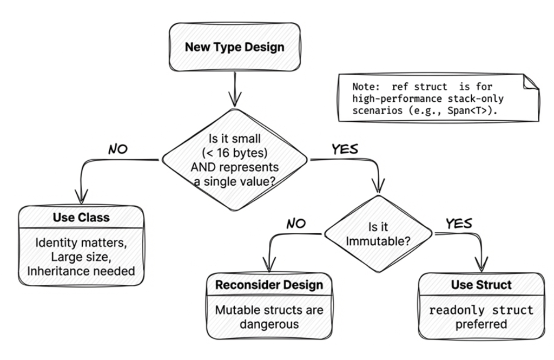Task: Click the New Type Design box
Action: tap(235, 47)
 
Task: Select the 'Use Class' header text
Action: tap(81, 217)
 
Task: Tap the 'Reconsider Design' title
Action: tap(269, 285)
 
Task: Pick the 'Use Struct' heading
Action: tap(481, 285)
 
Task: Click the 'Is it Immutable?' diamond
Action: tap(378, 234)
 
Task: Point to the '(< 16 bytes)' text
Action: tap(235, 153)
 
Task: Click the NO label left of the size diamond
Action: tap(118, 149)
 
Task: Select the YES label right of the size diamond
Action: tap(345, 149)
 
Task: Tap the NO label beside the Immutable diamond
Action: tap(296, 224)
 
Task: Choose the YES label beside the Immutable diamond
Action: tap(459, 224)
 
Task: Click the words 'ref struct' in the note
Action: tap(419, 87)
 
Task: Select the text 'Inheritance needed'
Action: tap(81, 271)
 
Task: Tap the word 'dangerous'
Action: tap(269, 324)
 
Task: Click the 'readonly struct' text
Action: tap(481, 310)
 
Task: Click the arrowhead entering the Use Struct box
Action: tap(481, 265)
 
